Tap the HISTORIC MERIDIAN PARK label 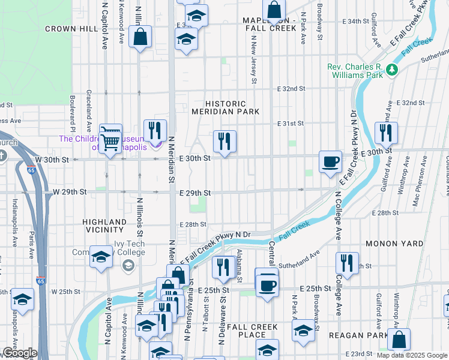225,107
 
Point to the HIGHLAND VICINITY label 104,226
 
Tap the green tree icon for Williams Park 393,70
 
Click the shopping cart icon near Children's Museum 110,140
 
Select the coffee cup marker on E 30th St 330,162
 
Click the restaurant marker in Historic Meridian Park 224,142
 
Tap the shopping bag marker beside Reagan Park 399,340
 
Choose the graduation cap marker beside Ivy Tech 101,257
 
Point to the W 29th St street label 70,191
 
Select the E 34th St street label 358,21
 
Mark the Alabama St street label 239,266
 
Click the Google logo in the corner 19,353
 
